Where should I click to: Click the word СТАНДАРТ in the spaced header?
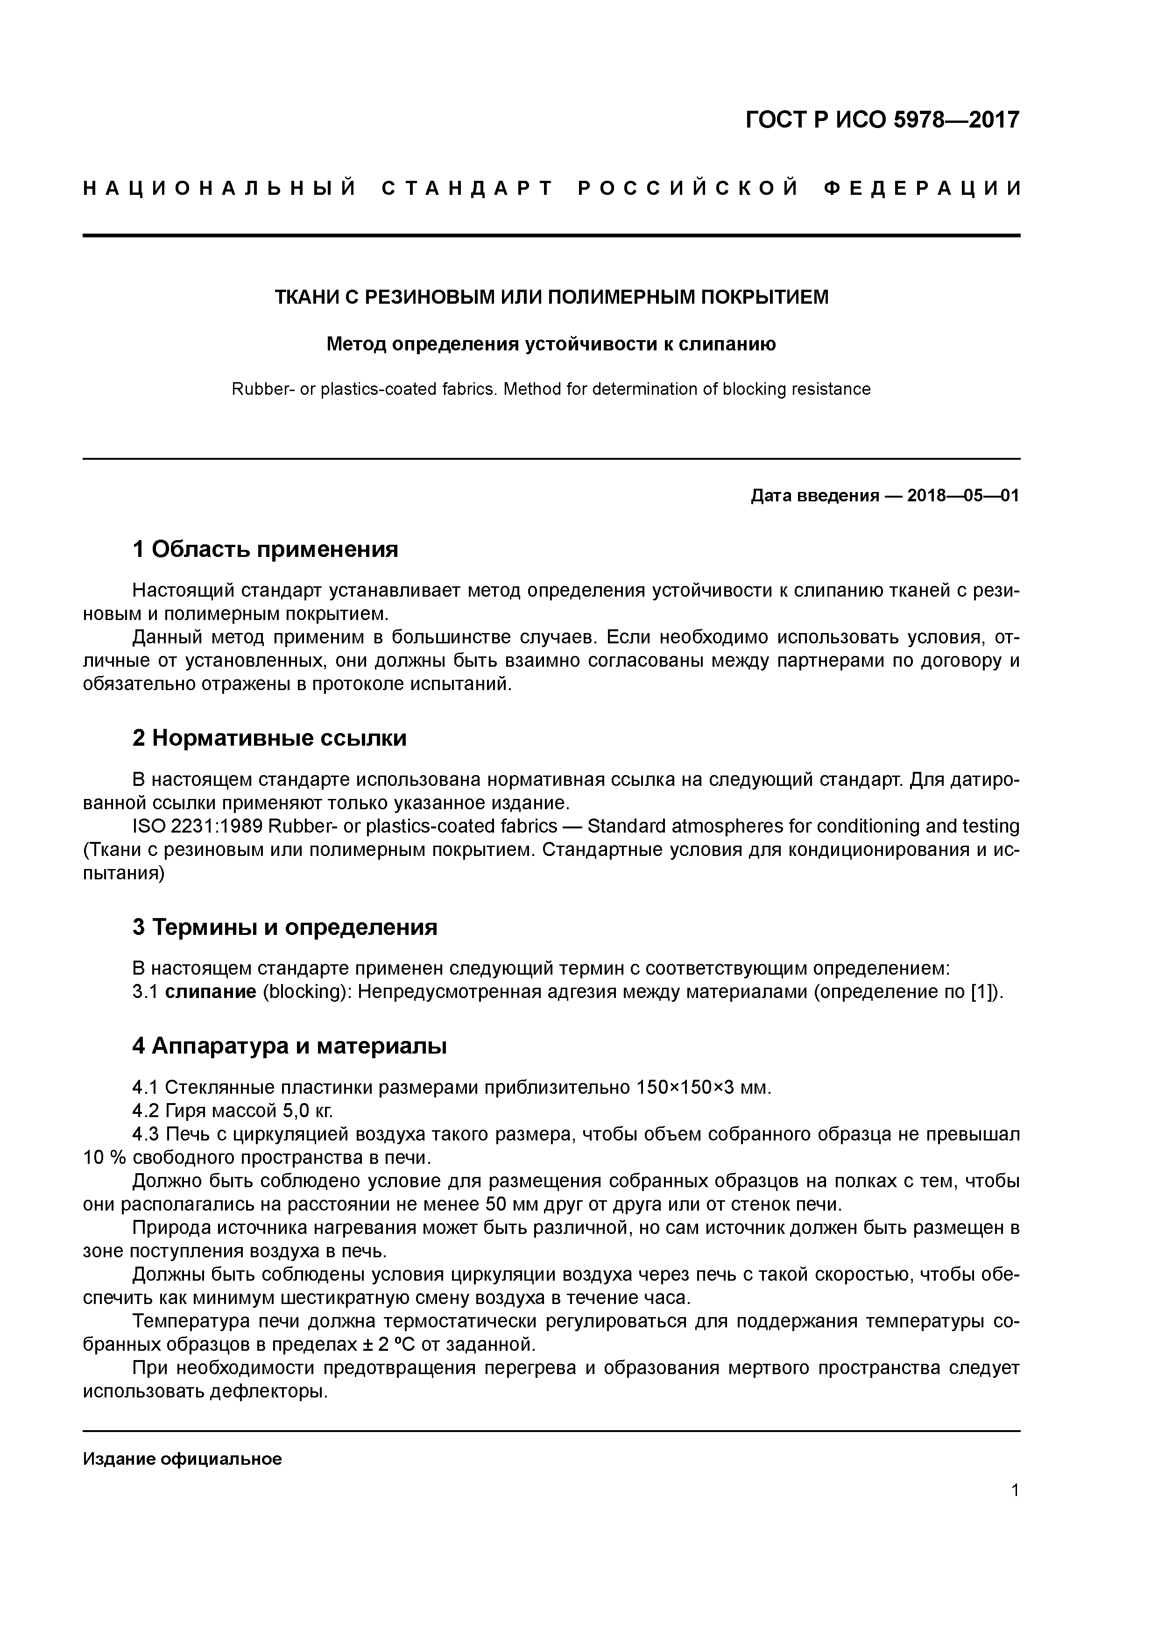pos(468,189)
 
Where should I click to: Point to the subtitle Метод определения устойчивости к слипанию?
pos(551,345)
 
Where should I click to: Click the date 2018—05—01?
pos(962,495)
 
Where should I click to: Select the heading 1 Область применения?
pos(265,549)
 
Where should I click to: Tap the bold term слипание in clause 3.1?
pos(211,992)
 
